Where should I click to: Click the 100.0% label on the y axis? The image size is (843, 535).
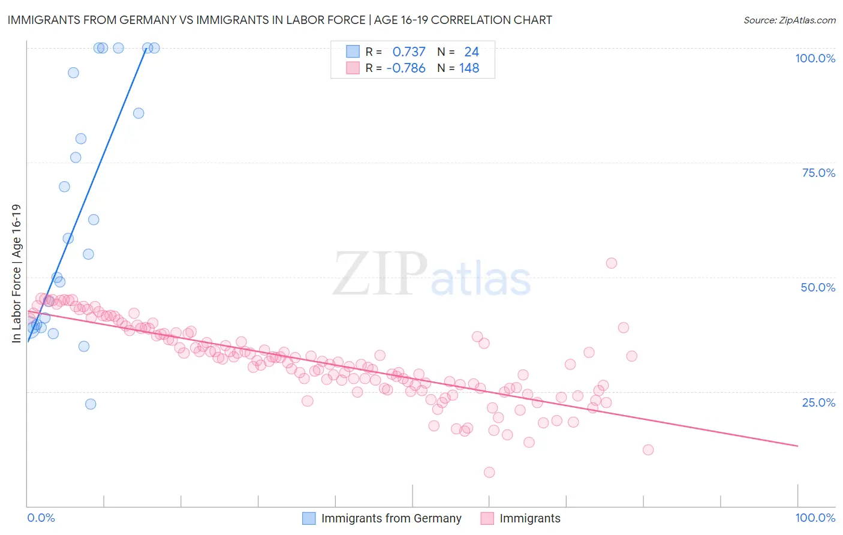[x=815, y=58]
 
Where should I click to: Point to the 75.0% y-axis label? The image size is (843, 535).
[x=818, y=173]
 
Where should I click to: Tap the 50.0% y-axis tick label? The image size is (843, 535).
[x=818, y=287]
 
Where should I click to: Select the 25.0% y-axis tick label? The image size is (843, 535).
[x=818, y=402]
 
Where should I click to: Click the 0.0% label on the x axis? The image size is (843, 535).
[x=41, y=518]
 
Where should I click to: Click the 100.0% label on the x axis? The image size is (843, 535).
[x=815, y=518]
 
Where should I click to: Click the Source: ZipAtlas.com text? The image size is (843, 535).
[x=789, y=20]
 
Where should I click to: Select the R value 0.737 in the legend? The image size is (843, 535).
[x=408, y=52]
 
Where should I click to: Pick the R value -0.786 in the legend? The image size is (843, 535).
[x=406, y=68]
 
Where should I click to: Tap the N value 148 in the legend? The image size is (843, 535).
[x=469, y=68]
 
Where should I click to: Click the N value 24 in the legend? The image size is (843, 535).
[x=471, y=52]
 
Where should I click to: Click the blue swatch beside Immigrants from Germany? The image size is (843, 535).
[x=309, y=518]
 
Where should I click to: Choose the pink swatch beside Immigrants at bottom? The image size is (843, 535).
[x=487, y=518]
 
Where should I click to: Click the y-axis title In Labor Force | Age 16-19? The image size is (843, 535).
[x=16, y=273]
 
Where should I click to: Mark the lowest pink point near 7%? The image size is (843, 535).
[x=489, y=472]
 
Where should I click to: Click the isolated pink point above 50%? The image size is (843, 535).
[x=611, y=263]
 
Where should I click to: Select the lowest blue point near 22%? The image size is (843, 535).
[x=91, y=404]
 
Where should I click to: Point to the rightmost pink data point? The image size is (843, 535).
[x=648, y=450]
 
